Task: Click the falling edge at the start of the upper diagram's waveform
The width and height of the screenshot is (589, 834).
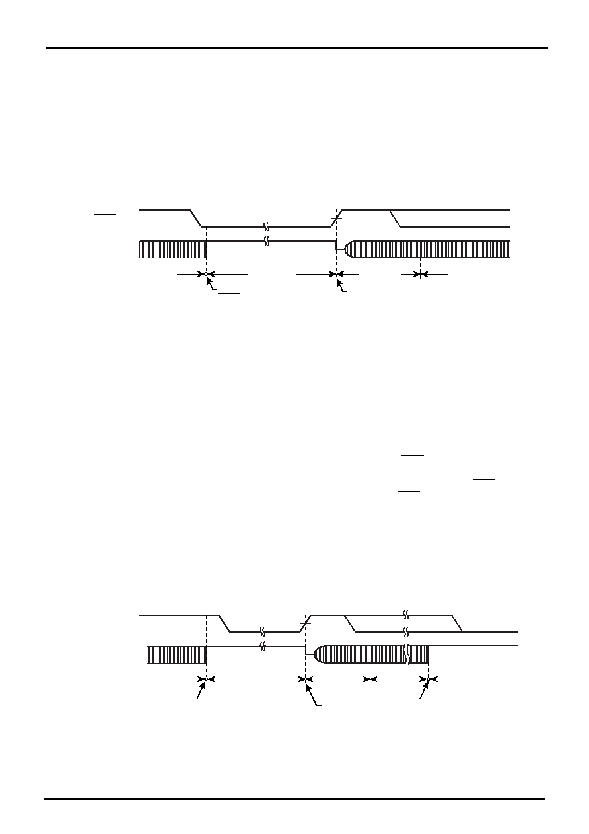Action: (x=196, y=218)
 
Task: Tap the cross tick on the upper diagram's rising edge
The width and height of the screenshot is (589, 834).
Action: (x=337, y=218)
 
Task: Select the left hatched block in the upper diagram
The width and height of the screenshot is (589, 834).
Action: (x=173, y=250)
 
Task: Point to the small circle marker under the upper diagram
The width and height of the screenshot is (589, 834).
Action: (x=207, y=273)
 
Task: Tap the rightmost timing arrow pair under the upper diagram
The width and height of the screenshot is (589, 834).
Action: (x=420, y=273)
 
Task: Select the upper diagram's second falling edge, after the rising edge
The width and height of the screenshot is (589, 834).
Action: (x=396, y=218)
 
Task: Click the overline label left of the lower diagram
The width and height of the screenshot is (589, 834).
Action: (x=105, y=619)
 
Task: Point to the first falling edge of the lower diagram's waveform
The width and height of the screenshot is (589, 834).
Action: (x=225, y=623)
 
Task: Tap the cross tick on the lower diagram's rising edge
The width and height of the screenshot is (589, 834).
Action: (x=305, y=623)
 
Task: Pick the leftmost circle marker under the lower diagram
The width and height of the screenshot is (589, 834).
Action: (x=207, y=679)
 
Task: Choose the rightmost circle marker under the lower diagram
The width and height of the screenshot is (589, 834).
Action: (x=429, y=679)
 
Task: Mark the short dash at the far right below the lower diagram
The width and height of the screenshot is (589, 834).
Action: (x=508, y=679)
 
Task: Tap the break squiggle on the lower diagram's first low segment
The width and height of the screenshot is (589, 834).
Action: (x=263, y=631)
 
